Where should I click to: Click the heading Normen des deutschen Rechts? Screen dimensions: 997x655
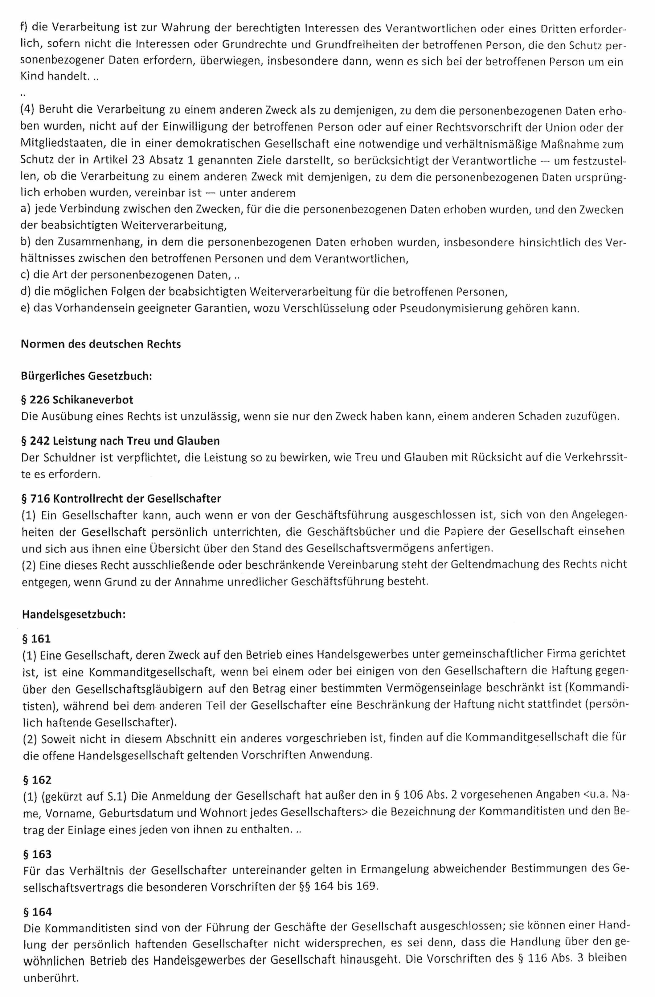[x=101, y=344]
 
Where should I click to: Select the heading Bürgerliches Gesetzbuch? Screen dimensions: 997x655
[x=86, y=376]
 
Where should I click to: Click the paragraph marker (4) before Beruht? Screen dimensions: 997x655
[x=27, y=110]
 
